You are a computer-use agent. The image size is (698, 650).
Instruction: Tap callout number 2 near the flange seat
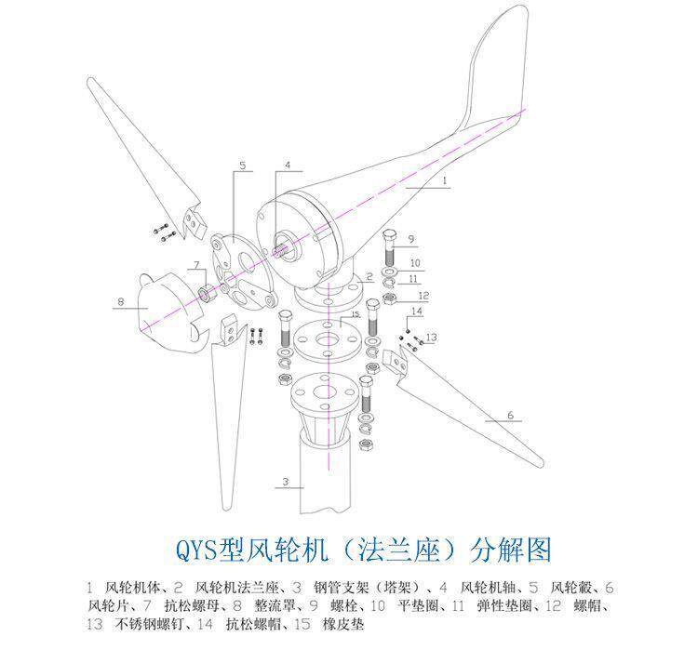click(369, 277)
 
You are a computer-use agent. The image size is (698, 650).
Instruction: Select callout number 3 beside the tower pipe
click(288, 482)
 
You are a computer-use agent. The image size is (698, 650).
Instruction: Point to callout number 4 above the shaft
click(288, 166)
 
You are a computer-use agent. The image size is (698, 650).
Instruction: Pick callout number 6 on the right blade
click(510, 415)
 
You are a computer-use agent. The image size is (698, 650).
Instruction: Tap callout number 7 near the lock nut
click(196, 266)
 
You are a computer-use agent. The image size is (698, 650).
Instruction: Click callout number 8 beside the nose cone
click(120, 301)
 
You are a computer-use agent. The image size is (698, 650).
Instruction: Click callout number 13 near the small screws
click(431, 336)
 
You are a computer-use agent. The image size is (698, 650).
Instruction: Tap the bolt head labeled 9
click(391, 236)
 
